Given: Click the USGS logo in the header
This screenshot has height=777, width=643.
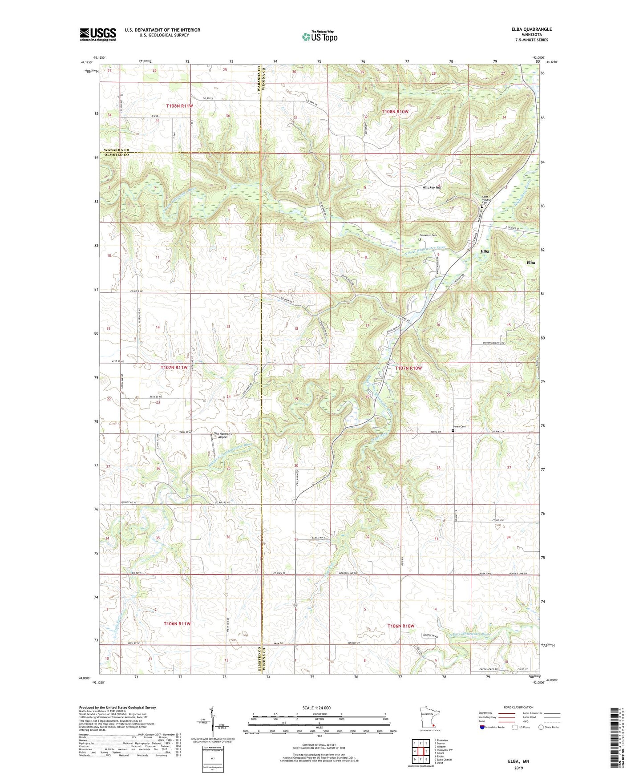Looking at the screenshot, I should [x=97, y=34].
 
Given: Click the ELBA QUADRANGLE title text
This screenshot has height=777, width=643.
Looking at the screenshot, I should [x=531, y=29].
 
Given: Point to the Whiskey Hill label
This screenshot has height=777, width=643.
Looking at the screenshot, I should [x=431, y=187].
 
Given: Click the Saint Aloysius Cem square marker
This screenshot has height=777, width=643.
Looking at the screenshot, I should [x=482, y=206].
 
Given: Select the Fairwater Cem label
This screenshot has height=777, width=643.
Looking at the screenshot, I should [x=429, y=235].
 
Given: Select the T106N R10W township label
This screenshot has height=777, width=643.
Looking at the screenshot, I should [x=400, y=626].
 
